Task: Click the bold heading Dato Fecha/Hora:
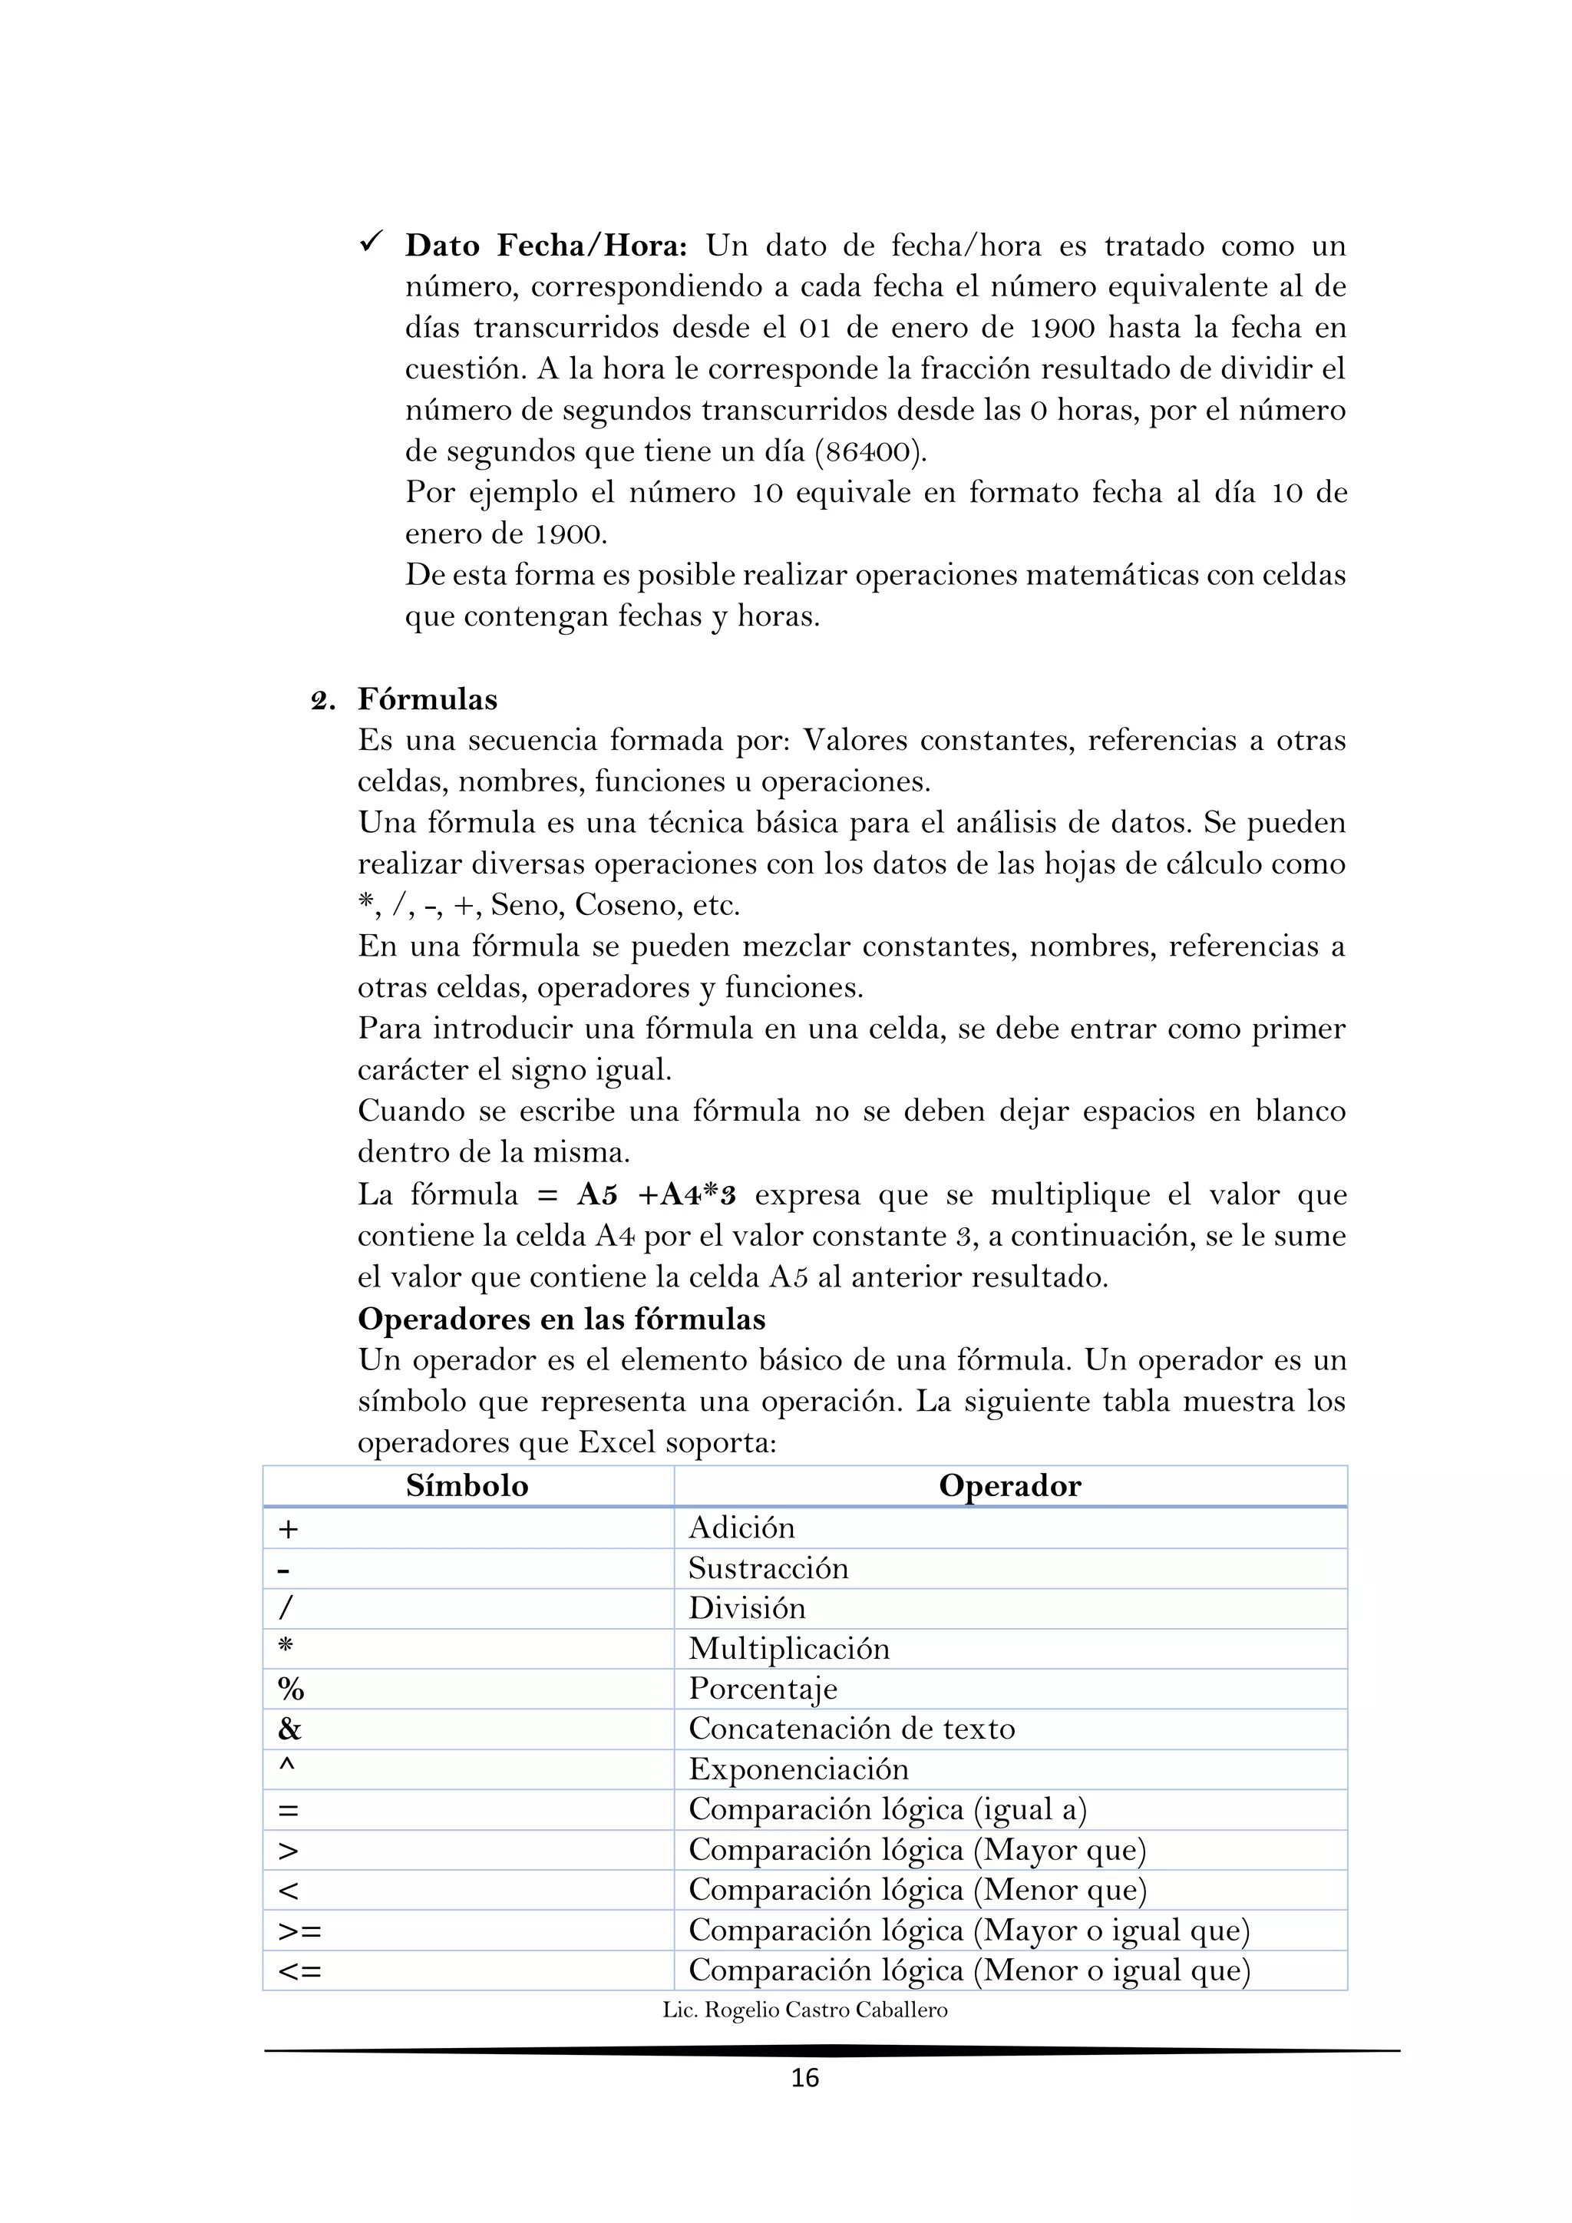545,246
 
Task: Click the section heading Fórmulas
428,699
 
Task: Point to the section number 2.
322,701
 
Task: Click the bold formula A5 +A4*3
656,1194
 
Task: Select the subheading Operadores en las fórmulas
561,1319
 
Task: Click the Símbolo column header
467,1486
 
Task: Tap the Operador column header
1009,1486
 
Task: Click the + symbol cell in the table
289,1530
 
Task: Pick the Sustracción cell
768,1568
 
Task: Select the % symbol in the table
290,1690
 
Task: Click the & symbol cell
289,1729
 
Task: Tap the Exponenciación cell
798,1770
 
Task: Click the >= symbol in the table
299,1931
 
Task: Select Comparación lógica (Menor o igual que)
969,1971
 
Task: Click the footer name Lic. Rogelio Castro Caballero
804,2011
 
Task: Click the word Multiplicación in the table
788,1649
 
